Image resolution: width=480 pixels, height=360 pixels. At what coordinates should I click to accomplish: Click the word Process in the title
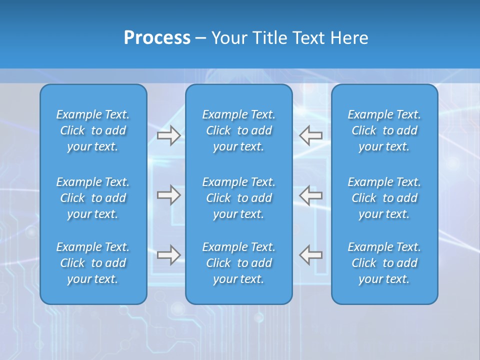(157, 38)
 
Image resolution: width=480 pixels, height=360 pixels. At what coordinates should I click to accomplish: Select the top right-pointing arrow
(168, 135)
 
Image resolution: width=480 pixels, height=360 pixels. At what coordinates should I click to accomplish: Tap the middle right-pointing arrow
(168, 195)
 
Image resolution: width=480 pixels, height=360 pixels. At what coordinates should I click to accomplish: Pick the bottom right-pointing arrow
(168, 255)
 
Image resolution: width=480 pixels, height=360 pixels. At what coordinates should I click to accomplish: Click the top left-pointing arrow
(311, 135)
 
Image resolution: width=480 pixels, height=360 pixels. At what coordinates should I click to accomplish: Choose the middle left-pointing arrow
(311, 195)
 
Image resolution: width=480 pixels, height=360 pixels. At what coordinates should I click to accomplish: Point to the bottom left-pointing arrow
(311, 255)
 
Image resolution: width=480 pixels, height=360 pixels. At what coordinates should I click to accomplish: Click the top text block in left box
(93, 130)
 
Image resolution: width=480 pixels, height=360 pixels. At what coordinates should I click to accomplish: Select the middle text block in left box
(93, 198)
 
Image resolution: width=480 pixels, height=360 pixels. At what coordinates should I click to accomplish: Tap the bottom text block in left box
(93, 263)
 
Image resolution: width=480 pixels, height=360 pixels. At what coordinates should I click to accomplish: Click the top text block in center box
(239, 130)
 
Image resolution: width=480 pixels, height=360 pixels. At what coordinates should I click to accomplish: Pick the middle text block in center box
(239, 198)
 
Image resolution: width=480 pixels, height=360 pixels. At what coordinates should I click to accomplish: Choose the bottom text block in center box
(239, 263)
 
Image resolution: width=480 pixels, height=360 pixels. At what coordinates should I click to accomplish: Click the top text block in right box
(384, 130)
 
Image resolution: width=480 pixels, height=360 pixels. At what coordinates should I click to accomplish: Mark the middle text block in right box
(384, 198)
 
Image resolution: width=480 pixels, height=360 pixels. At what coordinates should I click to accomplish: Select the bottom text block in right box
(384, 263)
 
